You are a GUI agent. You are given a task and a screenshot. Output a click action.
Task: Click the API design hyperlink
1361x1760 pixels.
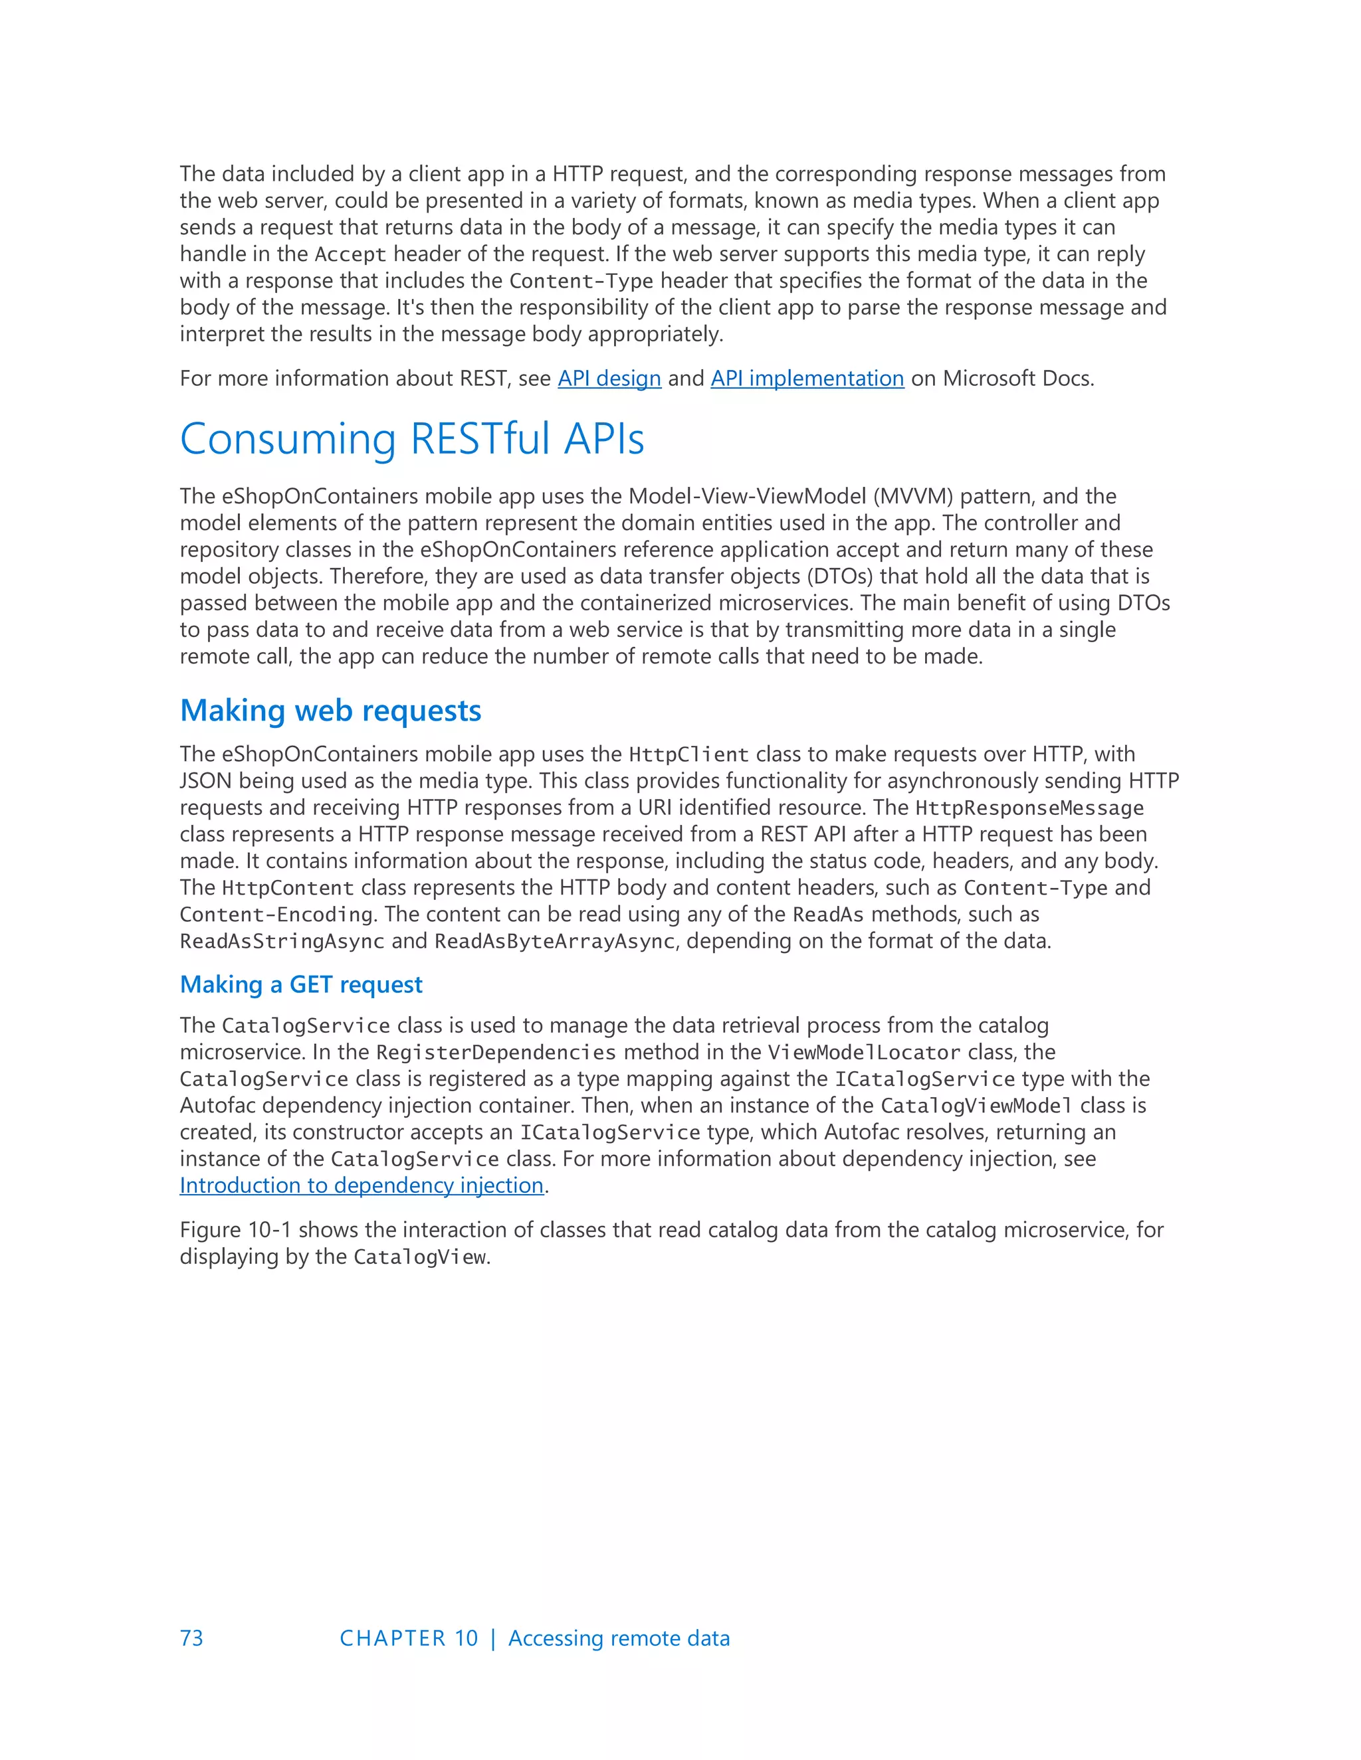point(609,378)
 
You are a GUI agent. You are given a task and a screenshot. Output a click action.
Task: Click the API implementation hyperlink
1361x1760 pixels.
point(807,378)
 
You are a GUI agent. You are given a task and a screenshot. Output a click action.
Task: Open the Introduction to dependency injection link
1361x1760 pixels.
point(362,1186)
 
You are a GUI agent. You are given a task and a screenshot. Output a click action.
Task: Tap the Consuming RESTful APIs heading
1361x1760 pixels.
point(412,439)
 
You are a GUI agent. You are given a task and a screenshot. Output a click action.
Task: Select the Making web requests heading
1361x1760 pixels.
point(330,711)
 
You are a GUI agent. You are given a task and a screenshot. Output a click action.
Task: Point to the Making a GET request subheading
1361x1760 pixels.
point(301,985)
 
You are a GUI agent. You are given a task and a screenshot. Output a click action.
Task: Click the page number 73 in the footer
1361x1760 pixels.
point(192,1638)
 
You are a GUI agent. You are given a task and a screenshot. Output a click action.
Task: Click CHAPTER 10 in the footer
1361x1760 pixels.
point(409,1638)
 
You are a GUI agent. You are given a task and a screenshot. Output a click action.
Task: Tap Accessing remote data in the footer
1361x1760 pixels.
point(619,1638)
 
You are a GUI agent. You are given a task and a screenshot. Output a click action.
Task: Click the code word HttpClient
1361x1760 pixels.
point(688,755)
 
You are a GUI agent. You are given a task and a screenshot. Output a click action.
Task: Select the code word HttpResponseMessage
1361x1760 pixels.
point(1029,808)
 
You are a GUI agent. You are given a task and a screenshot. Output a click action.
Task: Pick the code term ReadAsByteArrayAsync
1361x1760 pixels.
point(554,941)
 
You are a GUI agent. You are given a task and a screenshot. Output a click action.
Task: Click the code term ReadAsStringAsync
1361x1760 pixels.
point(281,941)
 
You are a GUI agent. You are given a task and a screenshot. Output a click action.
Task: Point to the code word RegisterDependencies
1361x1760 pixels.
point(496,1053)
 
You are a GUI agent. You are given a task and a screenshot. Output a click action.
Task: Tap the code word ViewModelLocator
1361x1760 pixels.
point(863,1053)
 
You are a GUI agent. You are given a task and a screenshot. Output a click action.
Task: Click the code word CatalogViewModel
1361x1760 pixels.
point(976,1106)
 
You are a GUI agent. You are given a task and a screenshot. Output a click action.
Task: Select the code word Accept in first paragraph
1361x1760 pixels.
point(351,254)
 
